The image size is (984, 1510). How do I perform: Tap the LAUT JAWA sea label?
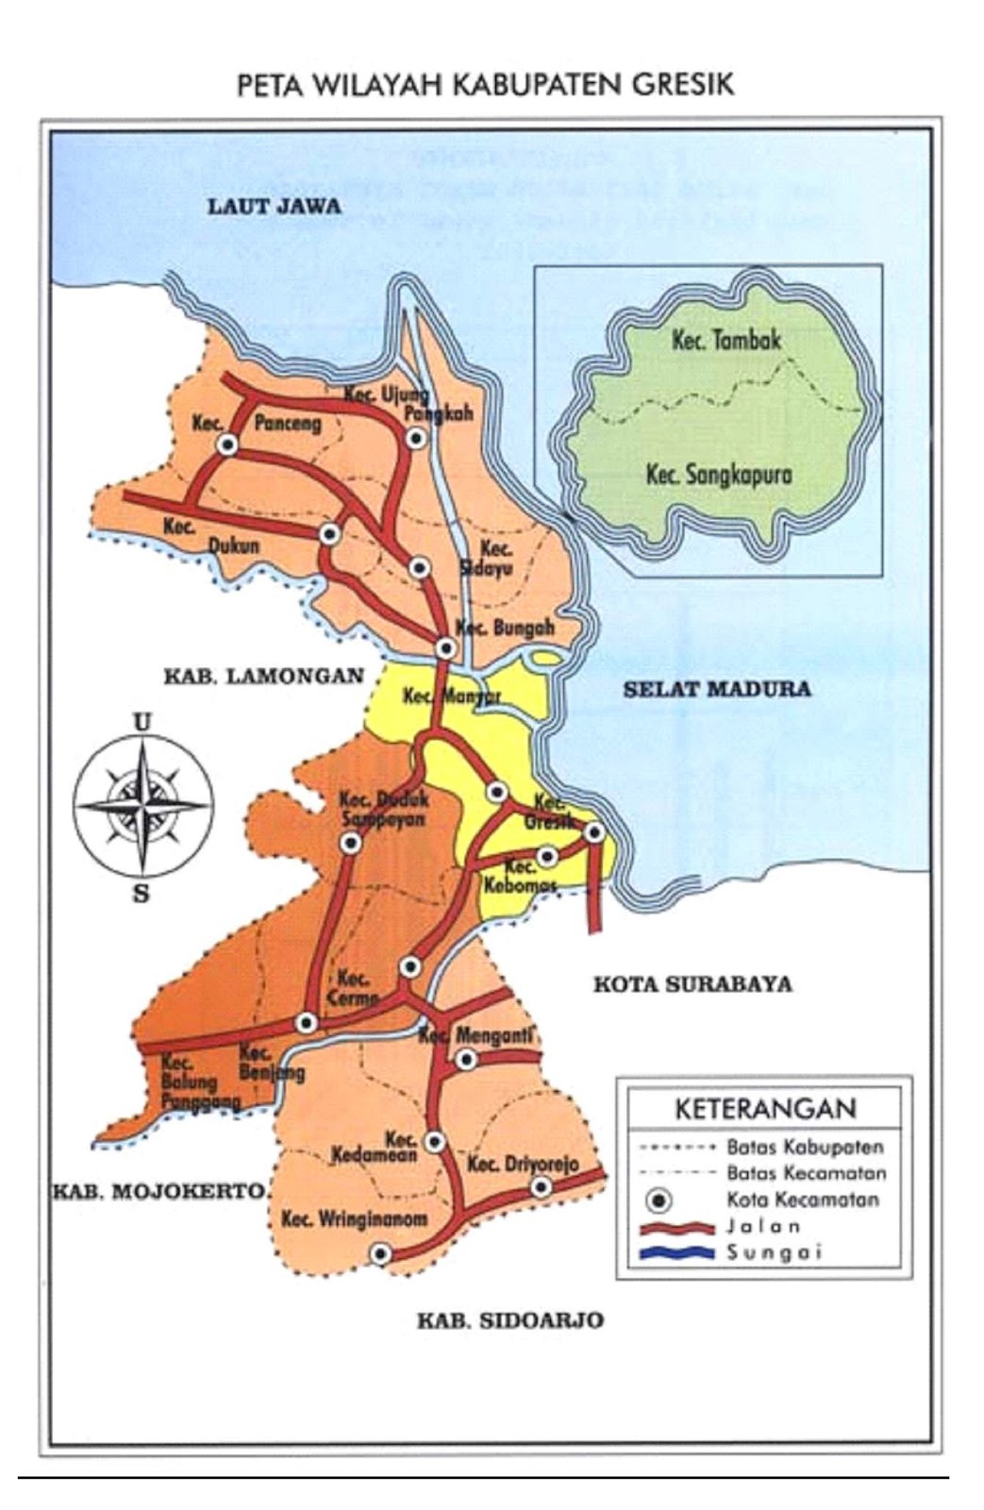(275, 206)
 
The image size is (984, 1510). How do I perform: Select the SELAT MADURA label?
(716, 688)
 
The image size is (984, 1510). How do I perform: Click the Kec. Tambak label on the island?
(725, 340)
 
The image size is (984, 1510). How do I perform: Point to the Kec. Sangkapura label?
(718, 474)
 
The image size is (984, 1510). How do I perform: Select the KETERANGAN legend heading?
(765, 1108)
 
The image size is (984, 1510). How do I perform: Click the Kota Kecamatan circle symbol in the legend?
(660, 1201)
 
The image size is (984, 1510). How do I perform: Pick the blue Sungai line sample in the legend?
(676, 1253)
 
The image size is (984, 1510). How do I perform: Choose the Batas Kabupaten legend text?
(805, 1148)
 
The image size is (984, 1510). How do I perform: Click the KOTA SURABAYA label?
(692, 985)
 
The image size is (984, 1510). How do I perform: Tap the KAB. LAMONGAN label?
(263, 676)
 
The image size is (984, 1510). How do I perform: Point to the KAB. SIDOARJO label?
(509, 1320)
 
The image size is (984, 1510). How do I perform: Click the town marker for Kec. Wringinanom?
(380, 1254)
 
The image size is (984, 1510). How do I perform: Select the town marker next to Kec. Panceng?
(226, 445)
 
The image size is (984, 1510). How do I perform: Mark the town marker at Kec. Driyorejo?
(540, 1186)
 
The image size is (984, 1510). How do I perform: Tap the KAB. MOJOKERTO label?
(158, 1191)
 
